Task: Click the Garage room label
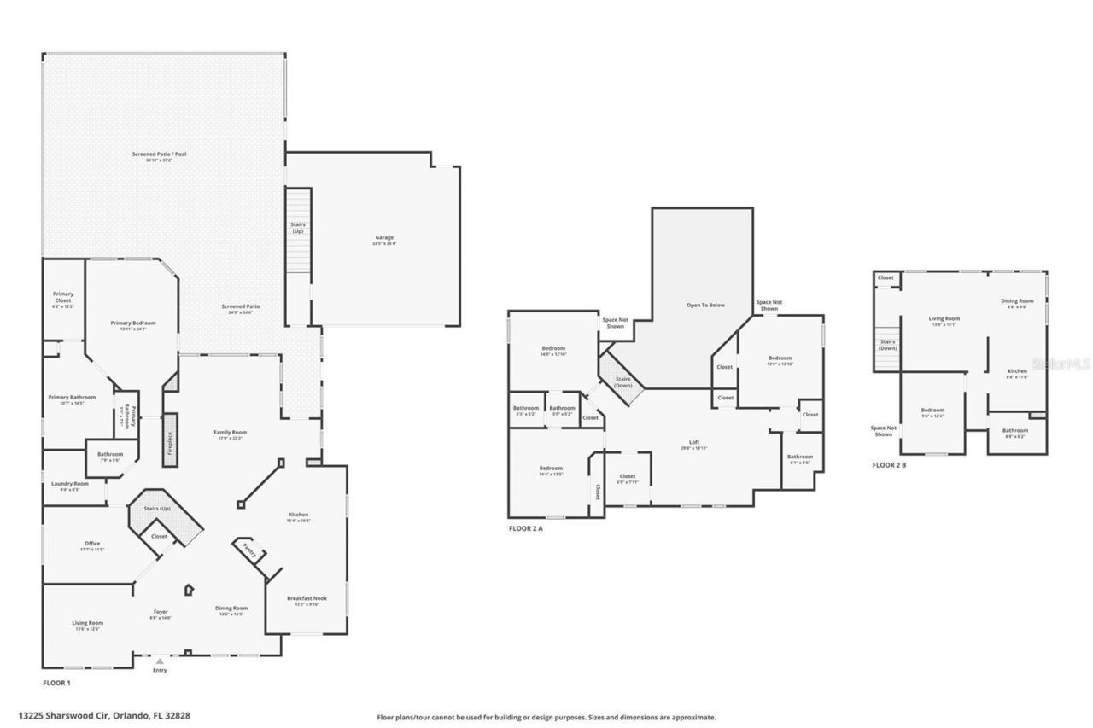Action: [383, 238]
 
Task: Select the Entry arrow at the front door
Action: [160, 661]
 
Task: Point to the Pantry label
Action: [248, 550]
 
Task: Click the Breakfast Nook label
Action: [307, 598]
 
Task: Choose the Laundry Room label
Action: [70, 484]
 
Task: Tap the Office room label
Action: [92, 544]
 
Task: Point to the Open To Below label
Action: [705, 305]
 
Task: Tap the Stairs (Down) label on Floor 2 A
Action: [622, 381]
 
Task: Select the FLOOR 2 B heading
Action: [890, 465]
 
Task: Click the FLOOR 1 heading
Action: [56, 684]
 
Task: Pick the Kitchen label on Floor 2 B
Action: [1017, 371]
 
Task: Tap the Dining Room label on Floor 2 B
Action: [1017, 301]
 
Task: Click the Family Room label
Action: [230, 433]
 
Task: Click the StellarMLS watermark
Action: [1061, 363]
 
